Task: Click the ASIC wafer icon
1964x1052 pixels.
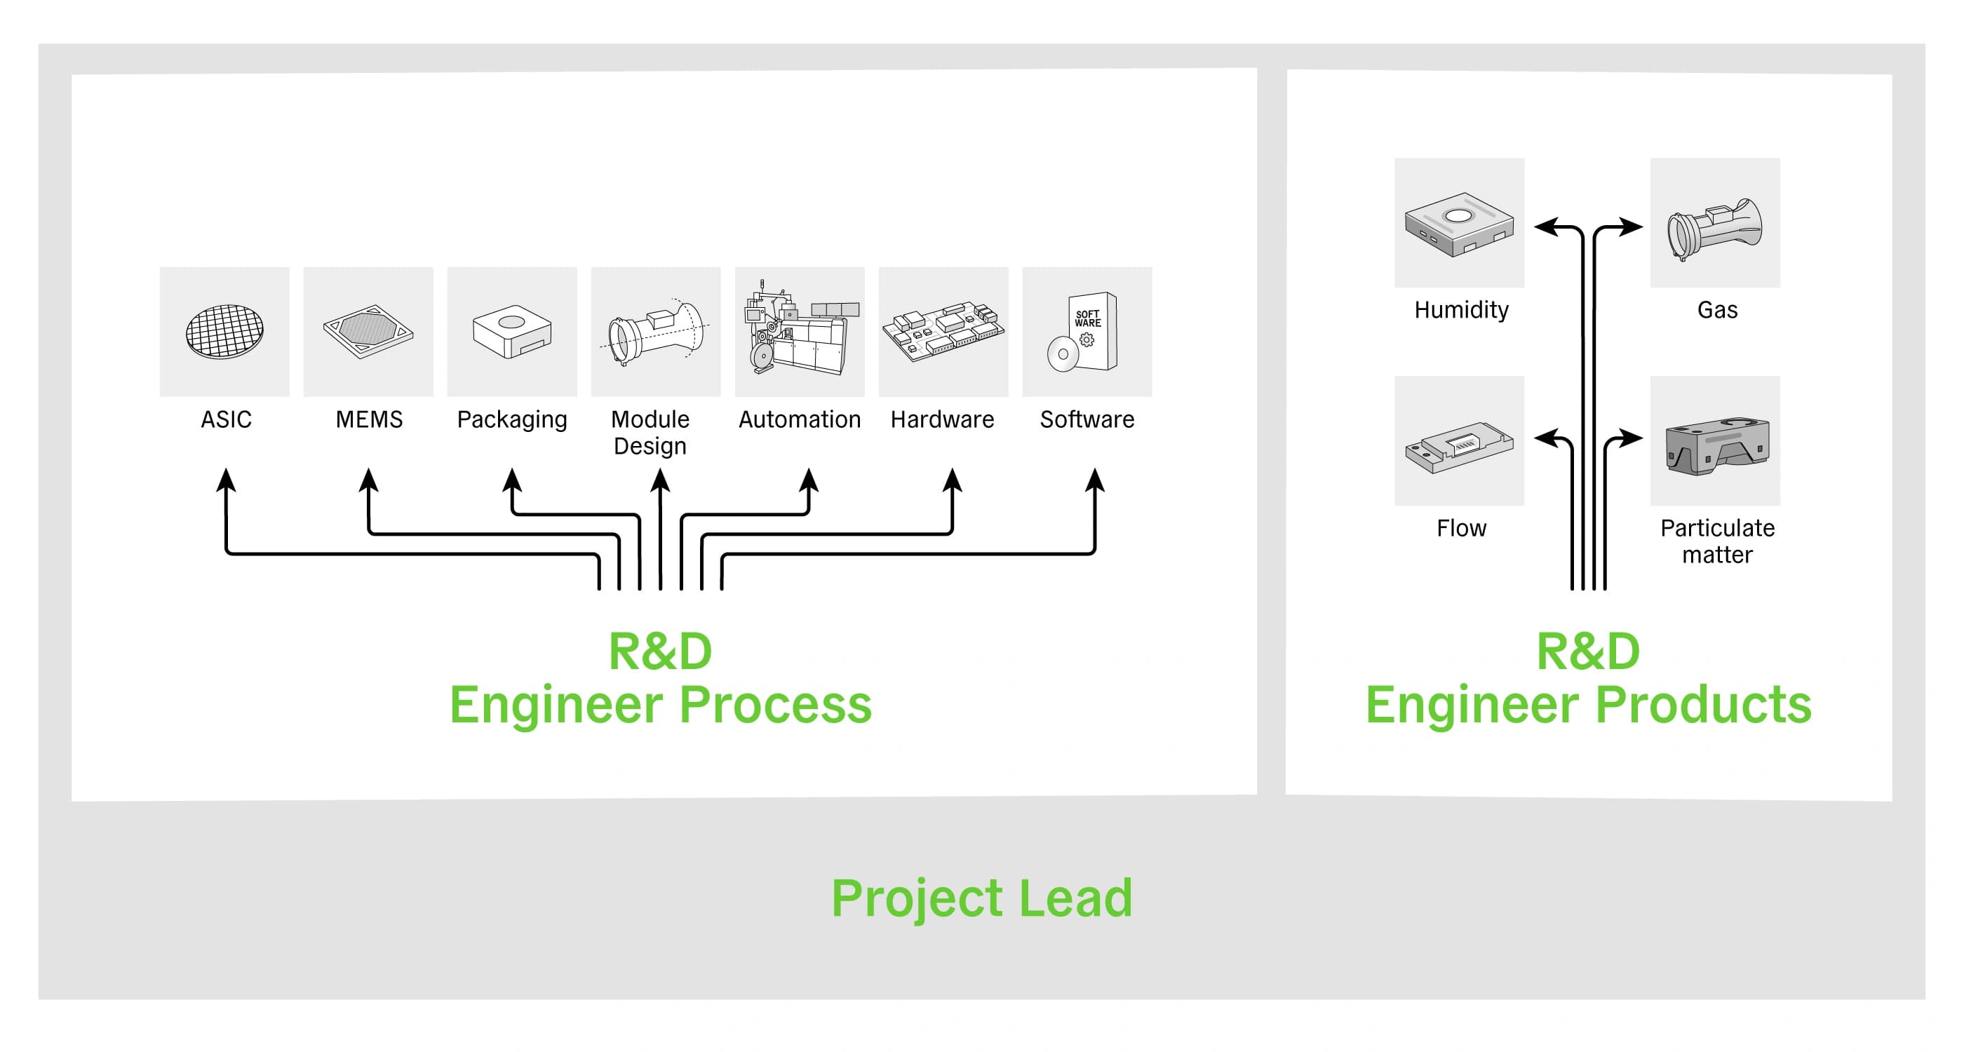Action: tap(225, 332)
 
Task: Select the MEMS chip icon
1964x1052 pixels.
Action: tap(368, 332)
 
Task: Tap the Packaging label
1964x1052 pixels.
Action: tap(511, 419)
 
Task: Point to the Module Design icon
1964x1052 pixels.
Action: tap(656, 332)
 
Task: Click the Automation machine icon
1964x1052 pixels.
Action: tap(799, 332)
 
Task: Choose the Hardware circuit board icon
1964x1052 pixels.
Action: tap(943, 332)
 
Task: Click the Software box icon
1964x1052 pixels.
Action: tap(1087, 332)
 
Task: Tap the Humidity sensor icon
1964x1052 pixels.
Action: tap(1459, 223)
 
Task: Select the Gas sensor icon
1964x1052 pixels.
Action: tap(1715, 223)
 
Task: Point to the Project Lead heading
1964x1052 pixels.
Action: tap(982, 898)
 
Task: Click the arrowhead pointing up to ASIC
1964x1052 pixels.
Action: tap(226, 480)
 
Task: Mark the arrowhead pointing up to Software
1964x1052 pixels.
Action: tap(1095, 480)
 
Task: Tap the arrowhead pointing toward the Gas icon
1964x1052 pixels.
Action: tap(1632, 227)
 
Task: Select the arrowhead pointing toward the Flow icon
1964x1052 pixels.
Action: tap(1545, 438)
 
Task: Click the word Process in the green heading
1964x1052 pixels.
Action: tap(774, 704)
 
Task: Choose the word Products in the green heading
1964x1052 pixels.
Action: tap(1703, 704)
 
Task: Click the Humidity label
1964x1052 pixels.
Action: tap(1461, 310)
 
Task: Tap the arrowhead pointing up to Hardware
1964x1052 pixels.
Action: tap(953, 480)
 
